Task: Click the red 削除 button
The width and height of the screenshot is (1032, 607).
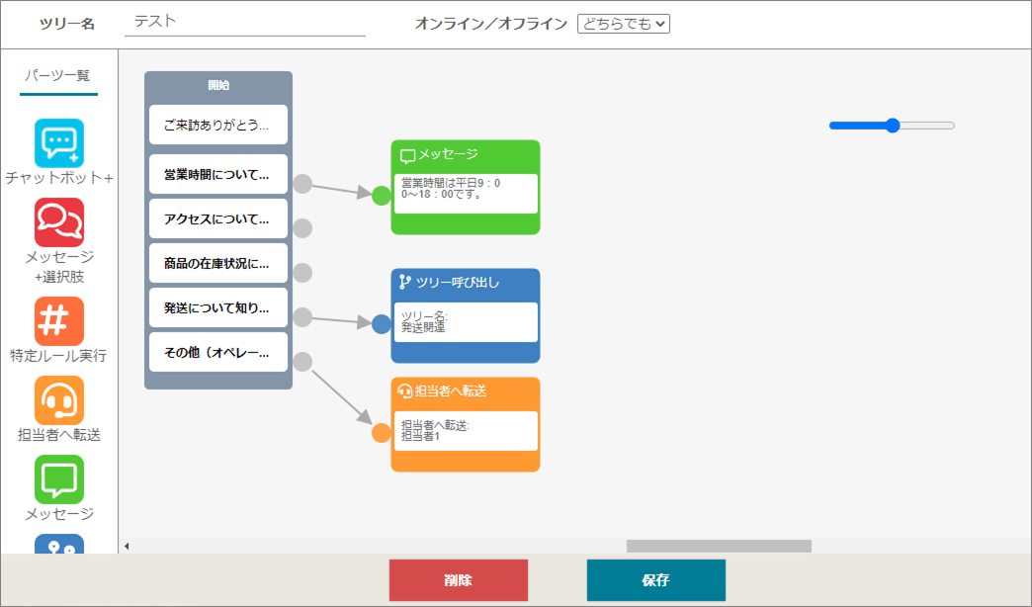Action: click(458, 580)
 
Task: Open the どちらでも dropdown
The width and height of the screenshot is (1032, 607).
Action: click(624, 24)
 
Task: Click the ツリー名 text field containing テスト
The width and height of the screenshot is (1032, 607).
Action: click(245, 23)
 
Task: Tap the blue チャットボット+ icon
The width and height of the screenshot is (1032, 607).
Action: click(59, 143)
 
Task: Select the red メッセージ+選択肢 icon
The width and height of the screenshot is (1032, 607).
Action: click(59, 222)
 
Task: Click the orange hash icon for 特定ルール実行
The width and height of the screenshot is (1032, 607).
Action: click(59, 321)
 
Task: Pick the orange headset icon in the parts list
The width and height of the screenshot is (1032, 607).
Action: click(59, 400)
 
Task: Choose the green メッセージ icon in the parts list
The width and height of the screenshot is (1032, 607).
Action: click(59, 479)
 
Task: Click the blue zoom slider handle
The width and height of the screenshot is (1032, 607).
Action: click(893, 126)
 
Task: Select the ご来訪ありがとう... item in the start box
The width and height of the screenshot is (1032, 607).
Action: click(218, 125)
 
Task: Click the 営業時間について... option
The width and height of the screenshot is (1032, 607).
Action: click(218, 174)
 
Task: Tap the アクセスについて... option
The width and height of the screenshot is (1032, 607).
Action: click(218, 218)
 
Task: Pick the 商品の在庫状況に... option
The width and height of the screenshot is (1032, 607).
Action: click(218, 263)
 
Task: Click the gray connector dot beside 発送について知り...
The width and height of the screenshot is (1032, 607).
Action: click(302, 317)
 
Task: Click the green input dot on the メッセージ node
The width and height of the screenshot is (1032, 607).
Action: click(382, 196)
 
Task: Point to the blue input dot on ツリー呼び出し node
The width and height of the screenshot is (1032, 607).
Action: click(382, 324)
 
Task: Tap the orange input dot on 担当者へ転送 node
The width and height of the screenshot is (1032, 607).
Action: click(382, 433)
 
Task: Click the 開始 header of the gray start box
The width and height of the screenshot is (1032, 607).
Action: click(218, 85)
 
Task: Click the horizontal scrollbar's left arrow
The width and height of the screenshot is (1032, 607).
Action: click(128, 546)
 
